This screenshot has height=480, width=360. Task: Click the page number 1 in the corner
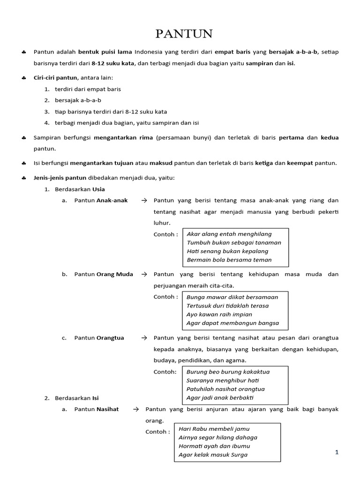coord(337,452)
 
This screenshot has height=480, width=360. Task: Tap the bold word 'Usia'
coord(97,189)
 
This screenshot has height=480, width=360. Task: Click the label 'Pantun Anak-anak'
coord(101,201)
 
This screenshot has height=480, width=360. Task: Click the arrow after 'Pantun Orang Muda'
coord(144,274)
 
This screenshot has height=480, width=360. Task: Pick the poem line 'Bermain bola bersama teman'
coord(229,260)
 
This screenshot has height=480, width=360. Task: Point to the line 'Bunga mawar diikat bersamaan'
coord(232,297)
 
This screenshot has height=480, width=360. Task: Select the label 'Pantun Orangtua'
coord(99,338)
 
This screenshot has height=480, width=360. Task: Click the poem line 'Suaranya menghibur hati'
coord(222,380)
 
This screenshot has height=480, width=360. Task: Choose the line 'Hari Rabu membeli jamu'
coord(214,428)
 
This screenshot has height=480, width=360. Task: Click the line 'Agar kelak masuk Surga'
coord(213,454)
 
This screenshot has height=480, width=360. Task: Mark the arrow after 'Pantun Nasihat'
coord(136,409)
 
